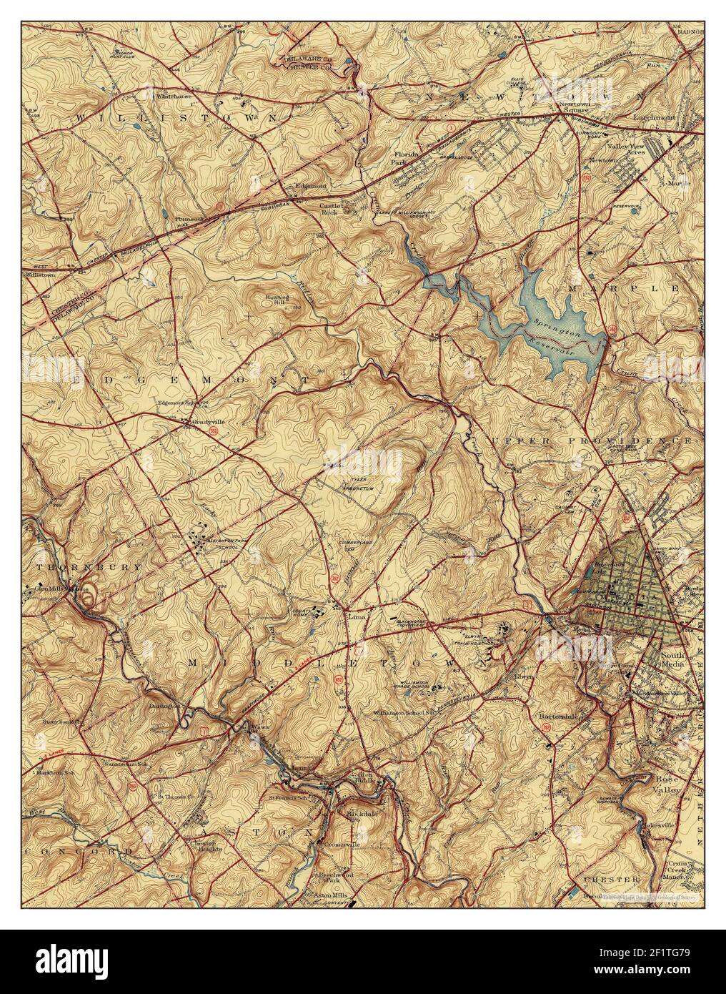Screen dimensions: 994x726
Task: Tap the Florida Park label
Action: pyautogui.click(x=407, y=157)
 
